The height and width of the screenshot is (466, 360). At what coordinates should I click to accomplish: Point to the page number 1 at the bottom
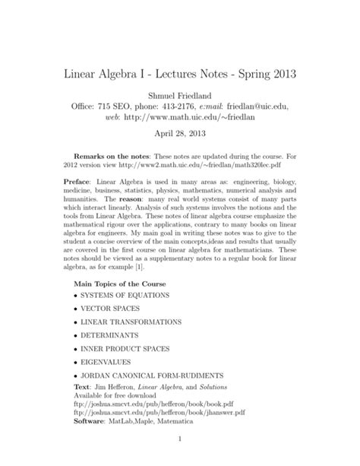point(180,460)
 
